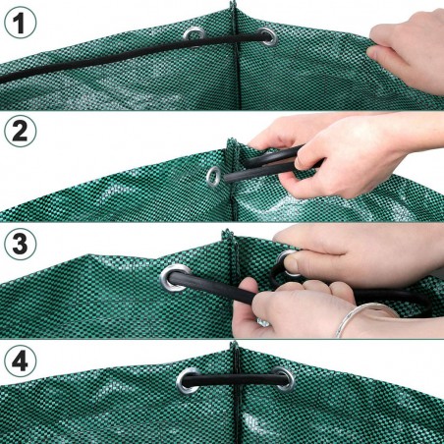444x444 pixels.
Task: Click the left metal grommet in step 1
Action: [x=195, y=35]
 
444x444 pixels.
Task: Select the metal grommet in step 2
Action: [x=212, y=177]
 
